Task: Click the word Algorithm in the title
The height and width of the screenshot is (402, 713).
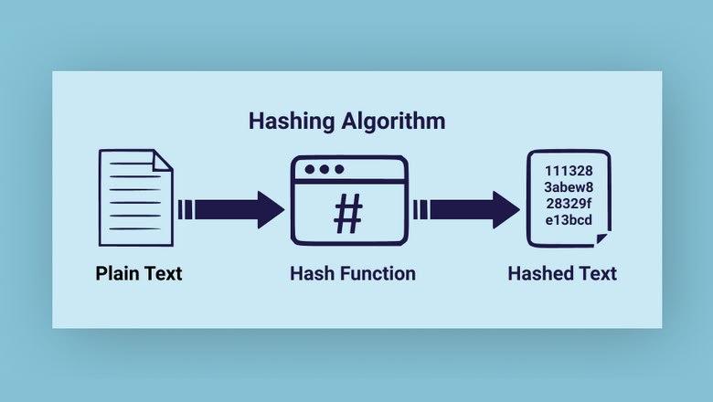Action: click(393, 121)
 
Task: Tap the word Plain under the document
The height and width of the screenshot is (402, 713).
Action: click(117, 273)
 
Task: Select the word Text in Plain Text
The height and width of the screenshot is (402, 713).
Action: click(164, 273)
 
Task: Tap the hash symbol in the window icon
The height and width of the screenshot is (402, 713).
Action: click(348, 214)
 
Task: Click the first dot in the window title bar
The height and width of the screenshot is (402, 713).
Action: click(310, 169)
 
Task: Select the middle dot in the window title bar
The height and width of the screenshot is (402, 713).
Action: click(325, 169)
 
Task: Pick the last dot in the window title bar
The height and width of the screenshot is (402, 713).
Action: click(339, 169)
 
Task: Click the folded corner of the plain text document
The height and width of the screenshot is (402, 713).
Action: click(163, 161)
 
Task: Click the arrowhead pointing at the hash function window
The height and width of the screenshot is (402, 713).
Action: click(271, 210)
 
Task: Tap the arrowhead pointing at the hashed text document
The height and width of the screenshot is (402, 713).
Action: click(506, 210)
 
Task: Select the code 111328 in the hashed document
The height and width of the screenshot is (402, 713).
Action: click(569, 171)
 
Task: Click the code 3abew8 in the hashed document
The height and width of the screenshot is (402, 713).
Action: click(569, 187)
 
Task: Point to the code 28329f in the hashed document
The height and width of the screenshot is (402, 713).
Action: click(569, 204)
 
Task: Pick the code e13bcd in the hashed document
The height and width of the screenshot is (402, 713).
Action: click(569, 220)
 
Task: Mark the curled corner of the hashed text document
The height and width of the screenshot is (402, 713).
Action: click(601, 238)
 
